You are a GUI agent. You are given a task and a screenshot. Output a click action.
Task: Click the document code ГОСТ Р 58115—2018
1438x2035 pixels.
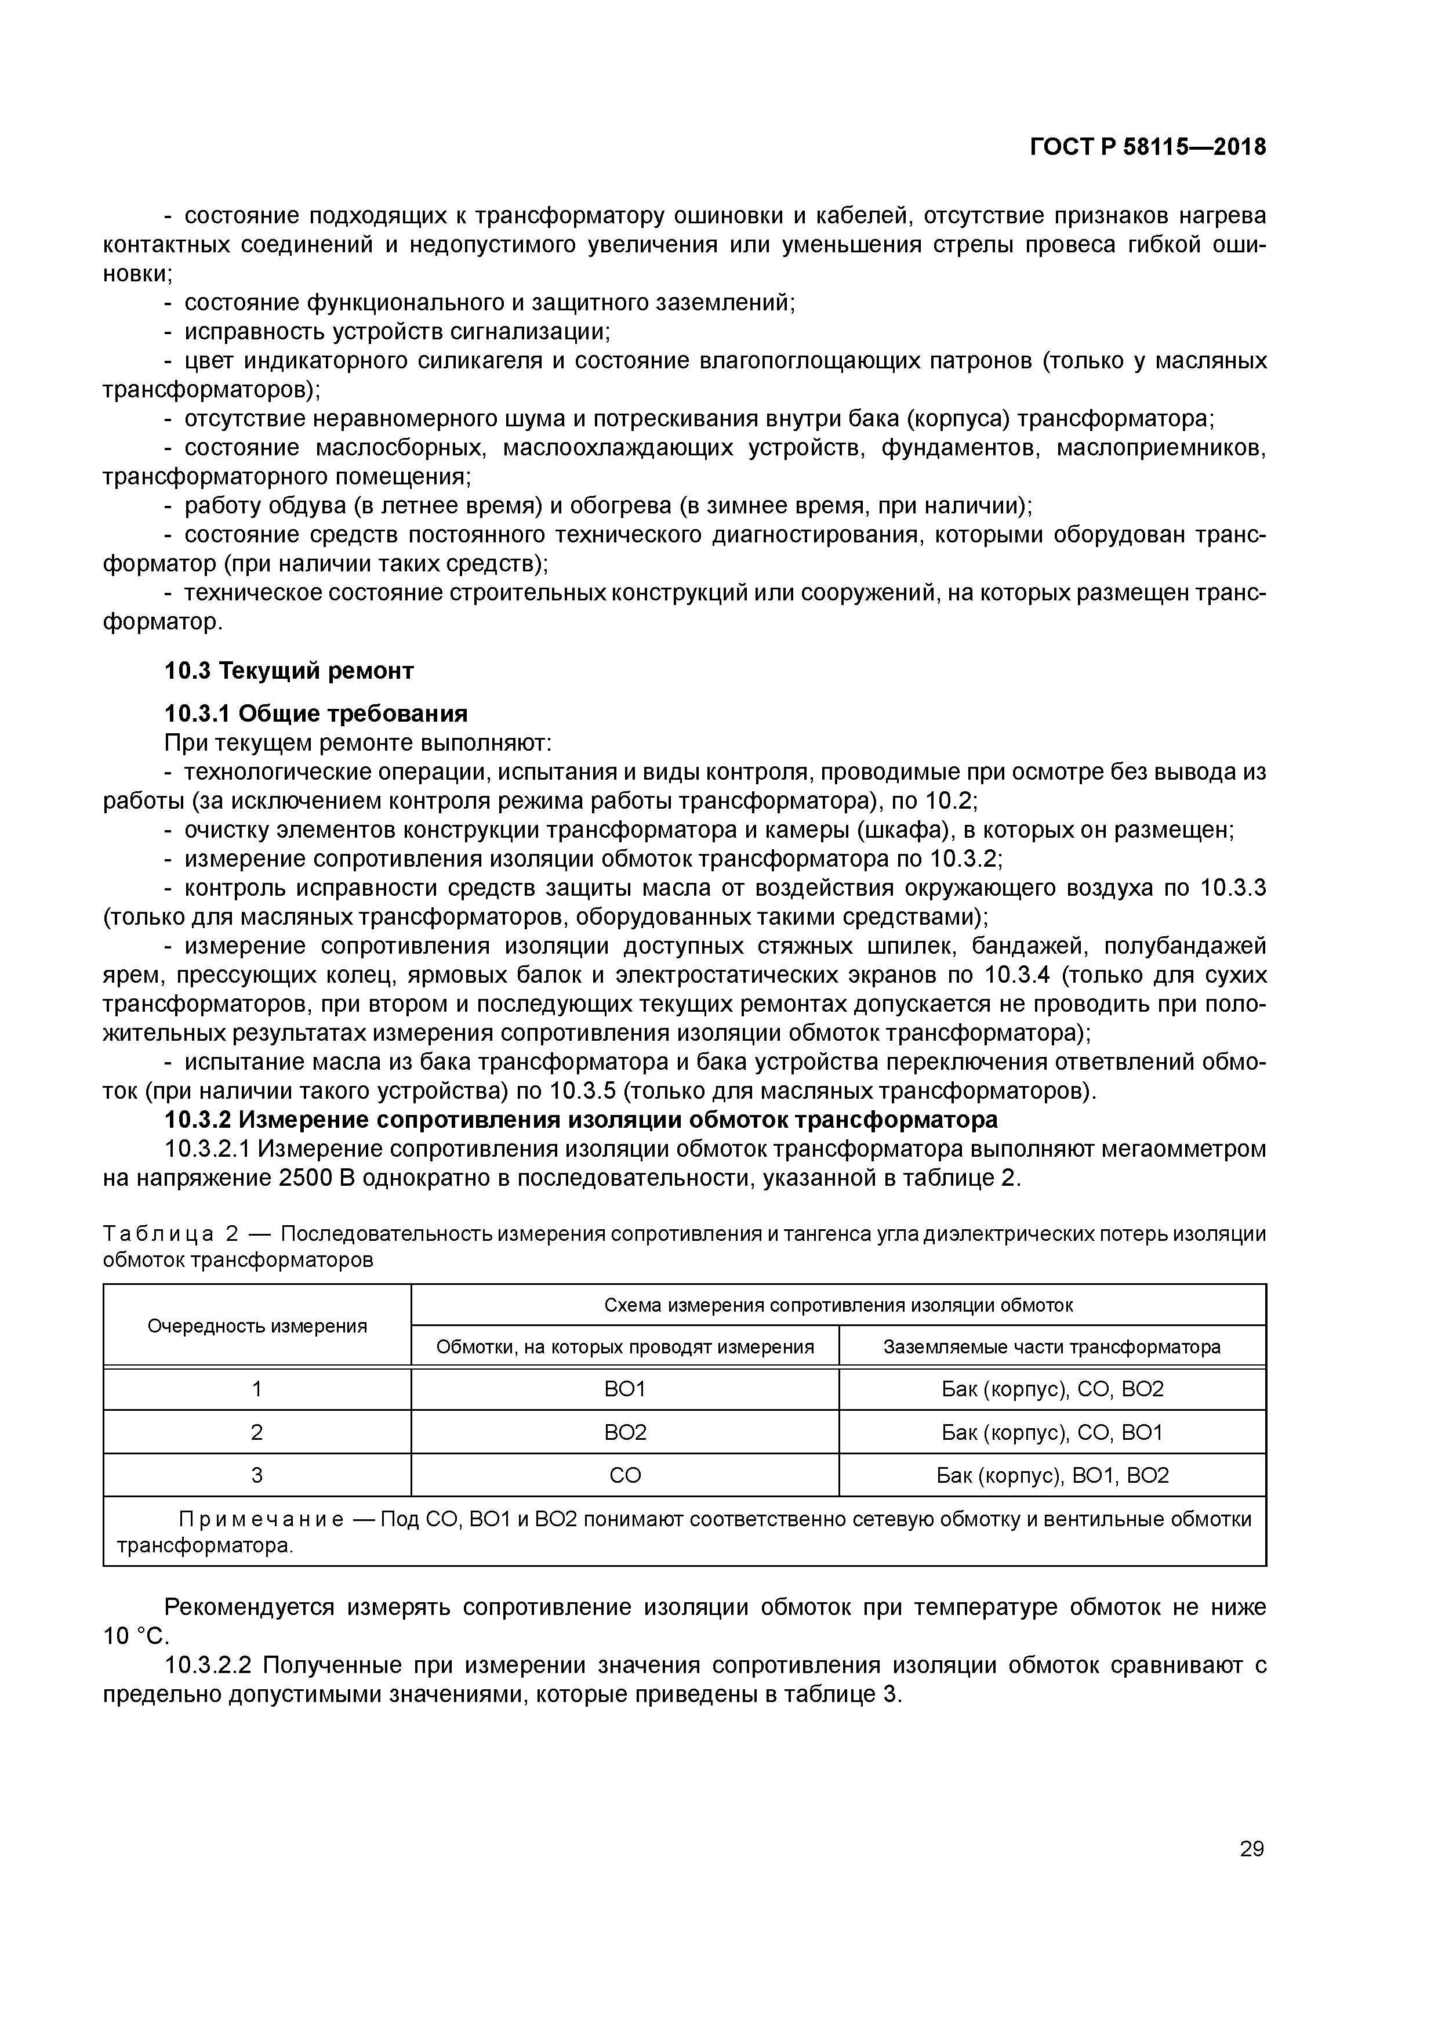click(1148, 147)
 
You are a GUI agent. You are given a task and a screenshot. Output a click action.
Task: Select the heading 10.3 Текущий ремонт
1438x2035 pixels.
click(289, 671)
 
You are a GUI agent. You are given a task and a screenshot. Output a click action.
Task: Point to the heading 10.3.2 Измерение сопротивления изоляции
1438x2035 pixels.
click(580, 1120)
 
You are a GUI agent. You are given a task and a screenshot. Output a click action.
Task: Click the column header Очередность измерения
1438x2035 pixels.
click(257, 1326)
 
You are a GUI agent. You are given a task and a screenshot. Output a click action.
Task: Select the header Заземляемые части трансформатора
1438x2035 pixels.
click(1052, 1347)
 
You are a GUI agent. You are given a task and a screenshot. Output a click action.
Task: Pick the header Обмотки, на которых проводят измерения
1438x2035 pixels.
click(624, 1347)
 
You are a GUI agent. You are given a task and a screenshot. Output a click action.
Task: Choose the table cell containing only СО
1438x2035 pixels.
click(624, 1476)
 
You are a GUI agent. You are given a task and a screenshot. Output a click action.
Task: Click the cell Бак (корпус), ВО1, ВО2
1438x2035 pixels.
click(1052, 1476)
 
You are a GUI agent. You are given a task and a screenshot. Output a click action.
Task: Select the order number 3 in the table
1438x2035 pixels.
click(257, 1476)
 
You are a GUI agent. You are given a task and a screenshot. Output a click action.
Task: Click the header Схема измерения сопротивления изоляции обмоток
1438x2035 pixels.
click(838, 1305)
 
